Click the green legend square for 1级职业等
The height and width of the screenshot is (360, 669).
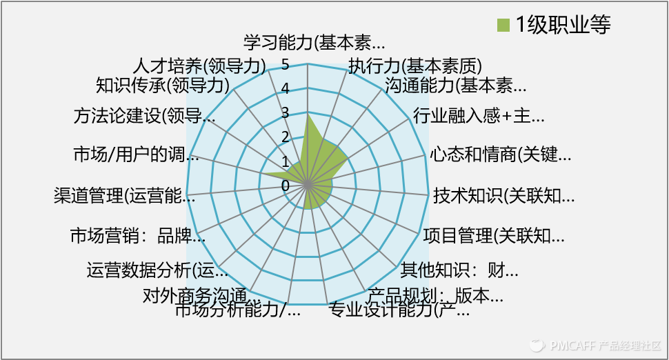(x=503, y=26)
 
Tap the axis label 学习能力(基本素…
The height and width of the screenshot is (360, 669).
(x=314, y=43)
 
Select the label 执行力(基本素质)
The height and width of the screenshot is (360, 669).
(x=415, y=66)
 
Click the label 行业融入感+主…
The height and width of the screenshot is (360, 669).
(x=479, y=115)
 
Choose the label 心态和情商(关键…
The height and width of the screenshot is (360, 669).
(x=500, y=154)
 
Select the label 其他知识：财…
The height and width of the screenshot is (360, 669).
(x=459, y=268)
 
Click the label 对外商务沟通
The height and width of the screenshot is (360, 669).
(x=194, y=294)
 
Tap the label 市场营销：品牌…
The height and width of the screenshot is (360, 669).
(x=138, y=235)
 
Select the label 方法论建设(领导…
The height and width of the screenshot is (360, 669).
(x=144, y=116)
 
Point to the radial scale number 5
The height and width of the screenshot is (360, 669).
(x=286, y=65)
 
